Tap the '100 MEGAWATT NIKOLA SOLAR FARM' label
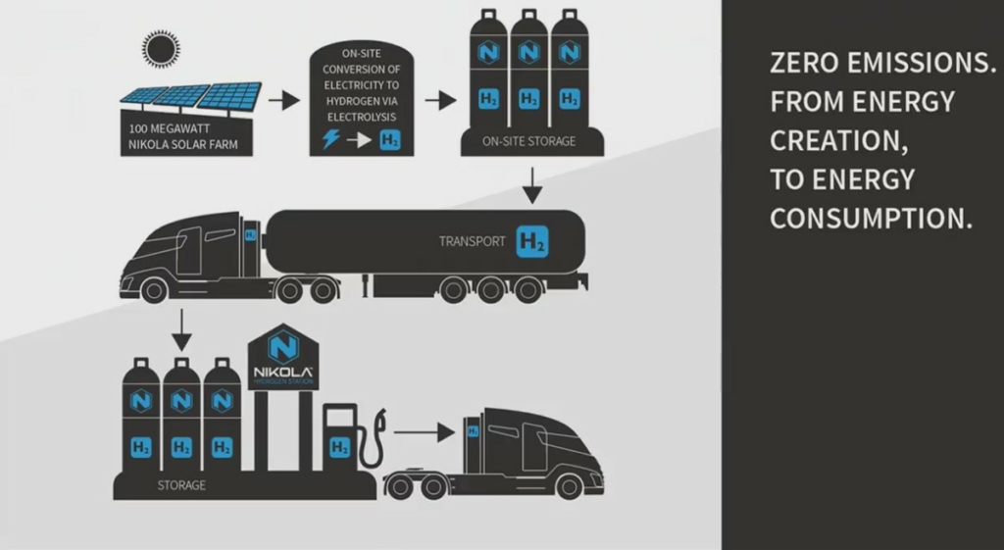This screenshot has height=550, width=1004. [184, 139]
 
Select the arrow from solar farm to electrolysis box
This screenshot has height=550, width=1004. [283, 100]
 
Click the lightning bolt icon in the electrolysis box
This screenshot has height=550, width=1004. [332, 140]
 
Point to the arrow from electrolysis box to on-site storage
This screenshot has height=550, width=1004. [440, 100]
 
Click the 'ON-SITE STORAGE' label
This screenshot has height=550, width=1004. [528, 142]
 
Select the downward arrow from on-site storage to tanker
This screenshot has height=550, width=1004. [531, 184]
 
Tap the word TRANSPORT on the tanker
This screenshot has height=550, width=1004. [473, 241]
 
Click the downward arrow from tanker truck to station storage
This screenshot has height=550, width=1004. [180, 331]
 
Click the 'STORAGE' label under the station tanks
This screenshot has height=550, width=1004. [182, 484]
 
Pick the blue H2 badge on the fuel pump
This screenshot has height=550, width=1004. [339, 447]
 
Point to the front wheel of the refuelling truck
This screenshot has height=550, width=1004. [568, 485]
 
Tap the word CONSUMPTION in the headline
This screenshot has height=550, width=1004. [870, 219]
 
